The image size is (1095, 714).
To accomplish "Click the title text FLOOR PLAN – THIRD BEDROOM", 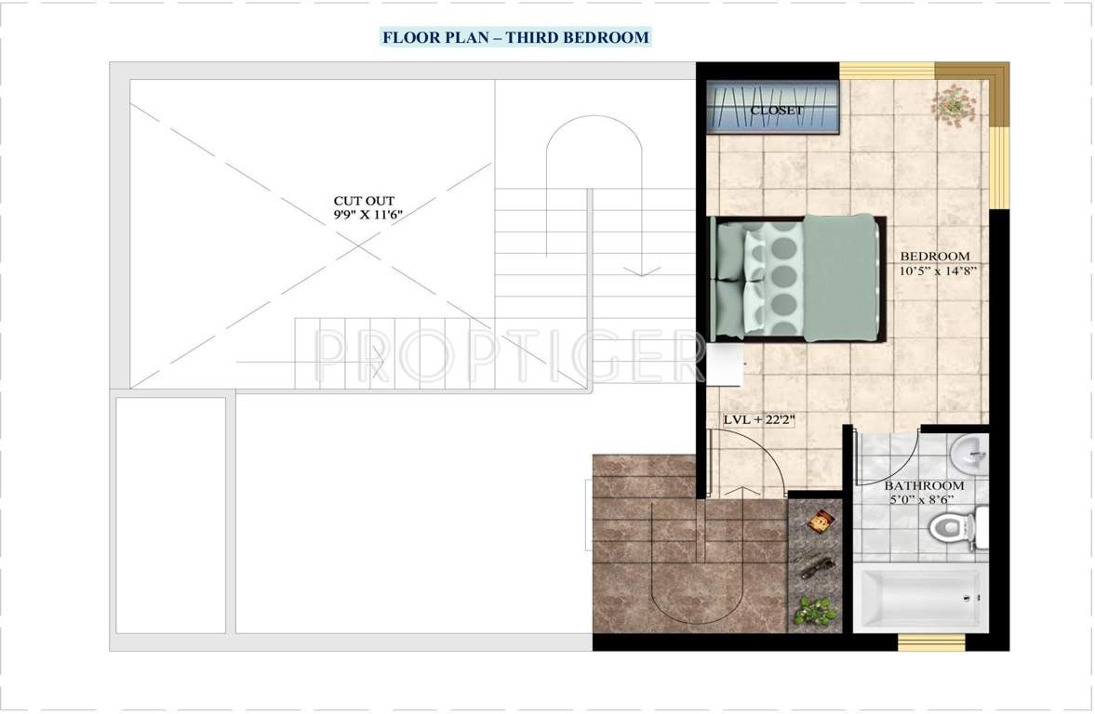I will [514, 37].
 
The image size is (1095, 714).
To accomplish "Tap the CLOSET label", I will [777, 111].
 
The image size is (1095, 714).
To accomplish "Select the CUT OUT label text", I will [364, 200].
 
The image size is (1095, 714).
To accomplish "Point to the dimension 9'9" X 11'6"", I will [373, 215].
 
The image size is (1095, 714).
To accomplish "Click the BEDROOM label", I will [934, 256].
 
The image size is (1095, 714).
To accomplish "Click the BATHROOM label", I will [924, 485].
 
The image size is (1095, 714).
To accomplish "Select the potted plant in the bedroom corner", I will [953, 105].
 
